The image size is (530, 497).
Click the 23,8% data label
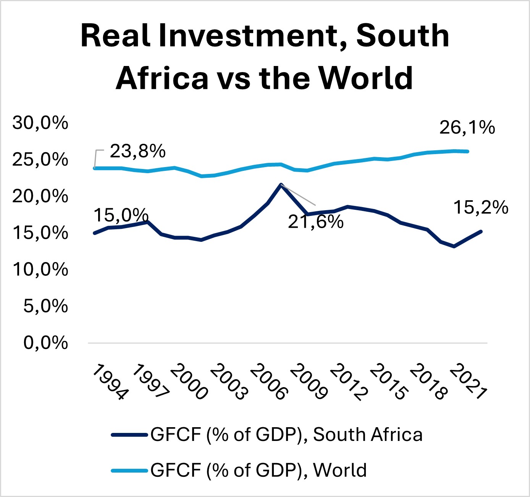(x=137, y=151)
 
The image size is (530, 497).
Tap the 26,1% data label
(x=467, y=128)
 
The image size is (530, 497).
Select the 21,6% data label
(x=315, y=222)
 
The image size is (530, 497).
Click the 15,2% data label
(x=481, y=208)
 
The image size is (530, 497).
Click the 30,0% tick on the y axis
(x=40, y=123)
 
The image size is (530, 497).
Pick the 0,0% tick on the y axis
(x=45, y=343)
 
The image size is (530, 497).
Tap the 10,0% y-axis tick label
(x=40, y=270)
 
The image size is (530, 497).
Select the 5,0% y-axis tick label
(x=45, y=306)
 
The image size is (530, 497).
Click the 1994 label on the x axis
(x=110, y=382)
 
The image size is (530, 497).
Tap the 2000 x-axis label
(x=189, y=382)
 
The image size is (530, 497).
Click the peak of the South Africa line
(x=281, y=185)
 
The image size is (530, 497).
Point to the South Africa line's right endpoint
(x=481, y=232)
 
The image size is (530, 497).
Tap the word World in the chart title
(x=366, y=78)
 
